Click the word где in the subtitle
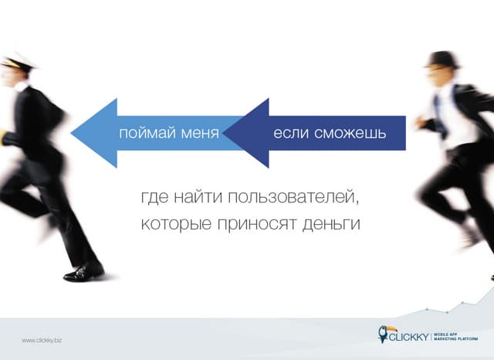pos(154,199)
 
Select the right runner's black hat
pos(443,59)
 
